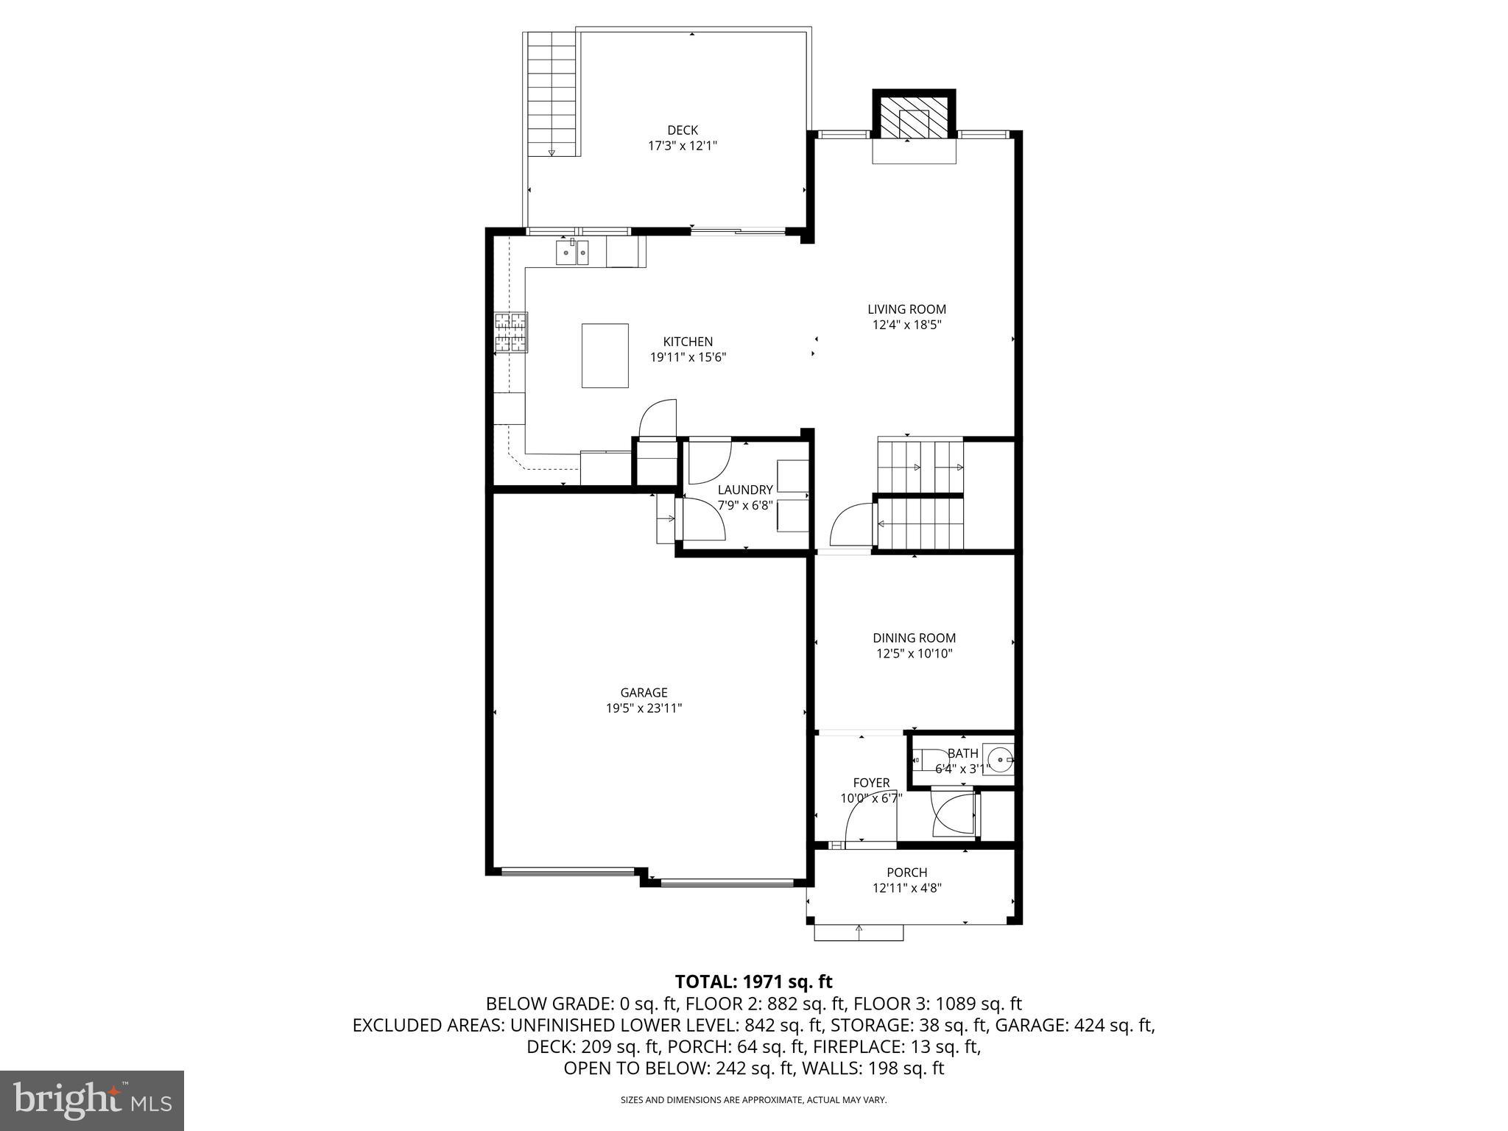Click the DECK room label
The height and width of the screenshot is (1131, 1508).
point(682,130)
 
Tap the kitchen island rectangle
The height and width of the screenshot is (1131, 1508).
point(605,356)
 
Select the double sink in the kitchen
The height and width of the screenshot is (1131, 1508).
point(572,253)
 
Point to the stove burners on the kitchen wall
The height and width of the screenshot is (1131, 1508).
point(511,332)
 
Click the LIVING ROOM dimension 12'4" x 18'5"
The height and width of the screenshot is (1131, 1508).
point(906,325)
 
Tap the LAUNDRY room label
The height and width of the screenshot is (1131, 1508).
point(744,490)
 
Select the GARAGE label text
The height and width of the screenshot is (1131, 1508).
point(644,692)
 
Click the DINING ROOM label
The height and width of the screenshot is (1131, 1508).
point(914,638)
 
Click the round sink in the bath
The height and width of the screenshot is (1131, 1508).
point(999,758)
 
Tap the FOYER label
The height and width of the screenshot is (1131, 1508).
point(871,783)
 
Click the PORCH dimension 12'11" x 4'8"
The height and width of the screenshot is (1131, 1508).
point(906,888)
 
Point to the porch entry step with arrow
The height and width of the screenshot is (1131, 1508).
point(859,933)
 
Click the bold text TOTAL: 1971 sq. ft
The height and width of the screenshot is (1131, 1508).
point(753,982)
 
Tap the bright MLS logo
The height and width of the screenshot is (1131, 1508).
point(92,1100)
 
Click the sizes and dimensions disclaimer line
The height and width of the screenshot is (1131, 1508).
point(753,1100)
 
